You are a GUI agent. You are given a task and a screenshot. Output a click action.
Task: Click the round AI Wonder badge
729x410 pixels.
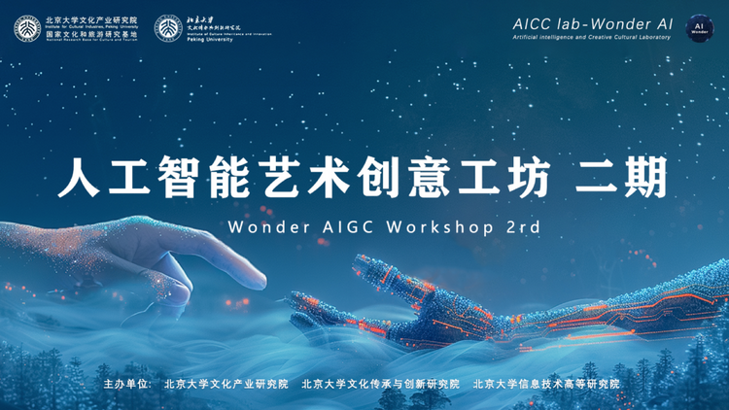coord(700,28)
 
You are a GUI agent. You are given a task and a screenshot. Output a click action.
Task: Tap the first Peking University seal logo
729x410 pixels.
coord(27,28)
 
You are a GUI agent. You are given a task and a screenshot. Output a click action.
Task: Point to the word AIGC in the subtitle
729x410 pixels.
coord(336,225)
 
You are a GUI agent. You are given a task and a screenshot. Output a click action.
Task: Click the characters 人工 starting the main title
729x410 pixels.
coord(106,179)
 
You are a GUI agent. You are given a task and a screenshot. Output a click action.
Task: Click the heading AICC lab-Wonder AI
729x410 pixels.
coord(593,21)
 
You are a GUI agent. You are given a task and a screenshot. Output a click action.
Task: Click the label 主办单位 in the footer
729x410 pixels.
coord(127,384)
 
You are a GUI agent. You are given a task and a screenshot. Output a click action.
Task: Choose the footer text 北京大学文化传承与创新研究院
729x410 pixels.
coord(380,384)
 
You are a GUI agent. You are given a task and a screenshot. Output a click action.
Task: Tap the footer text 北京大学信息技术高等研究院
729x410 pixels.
coord(546,384)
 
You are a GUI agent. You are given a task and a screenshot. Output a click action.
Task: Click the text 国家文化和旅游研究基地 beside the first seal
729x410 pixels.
coord(91,32)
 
